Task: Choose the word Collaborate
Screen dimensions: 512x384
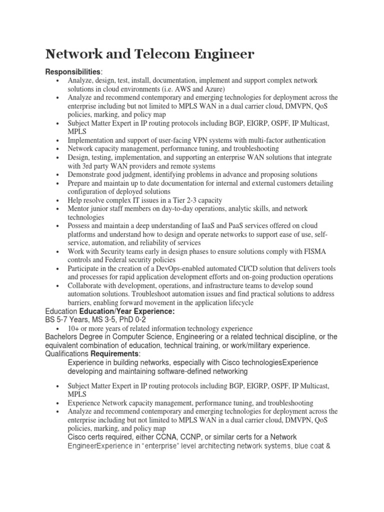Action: pyautogui.click(x=87, y=286)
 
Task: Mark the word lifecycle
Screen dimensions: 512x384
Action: pyautogui.click(x=238, y=303)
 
